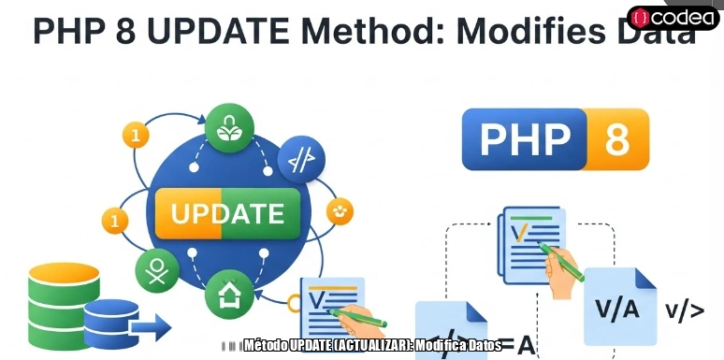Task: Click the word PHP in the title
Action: (72, 32)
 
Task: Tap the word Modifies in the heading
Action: (522, 32)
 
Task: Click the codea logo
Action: (673, 18)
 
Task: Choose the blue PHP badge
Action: (525, 139)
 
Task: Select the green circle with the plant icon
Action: (227, 131)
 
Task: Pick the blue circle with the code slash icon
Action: (301, 161)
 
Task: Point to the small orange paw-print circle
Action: (340, 211)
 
